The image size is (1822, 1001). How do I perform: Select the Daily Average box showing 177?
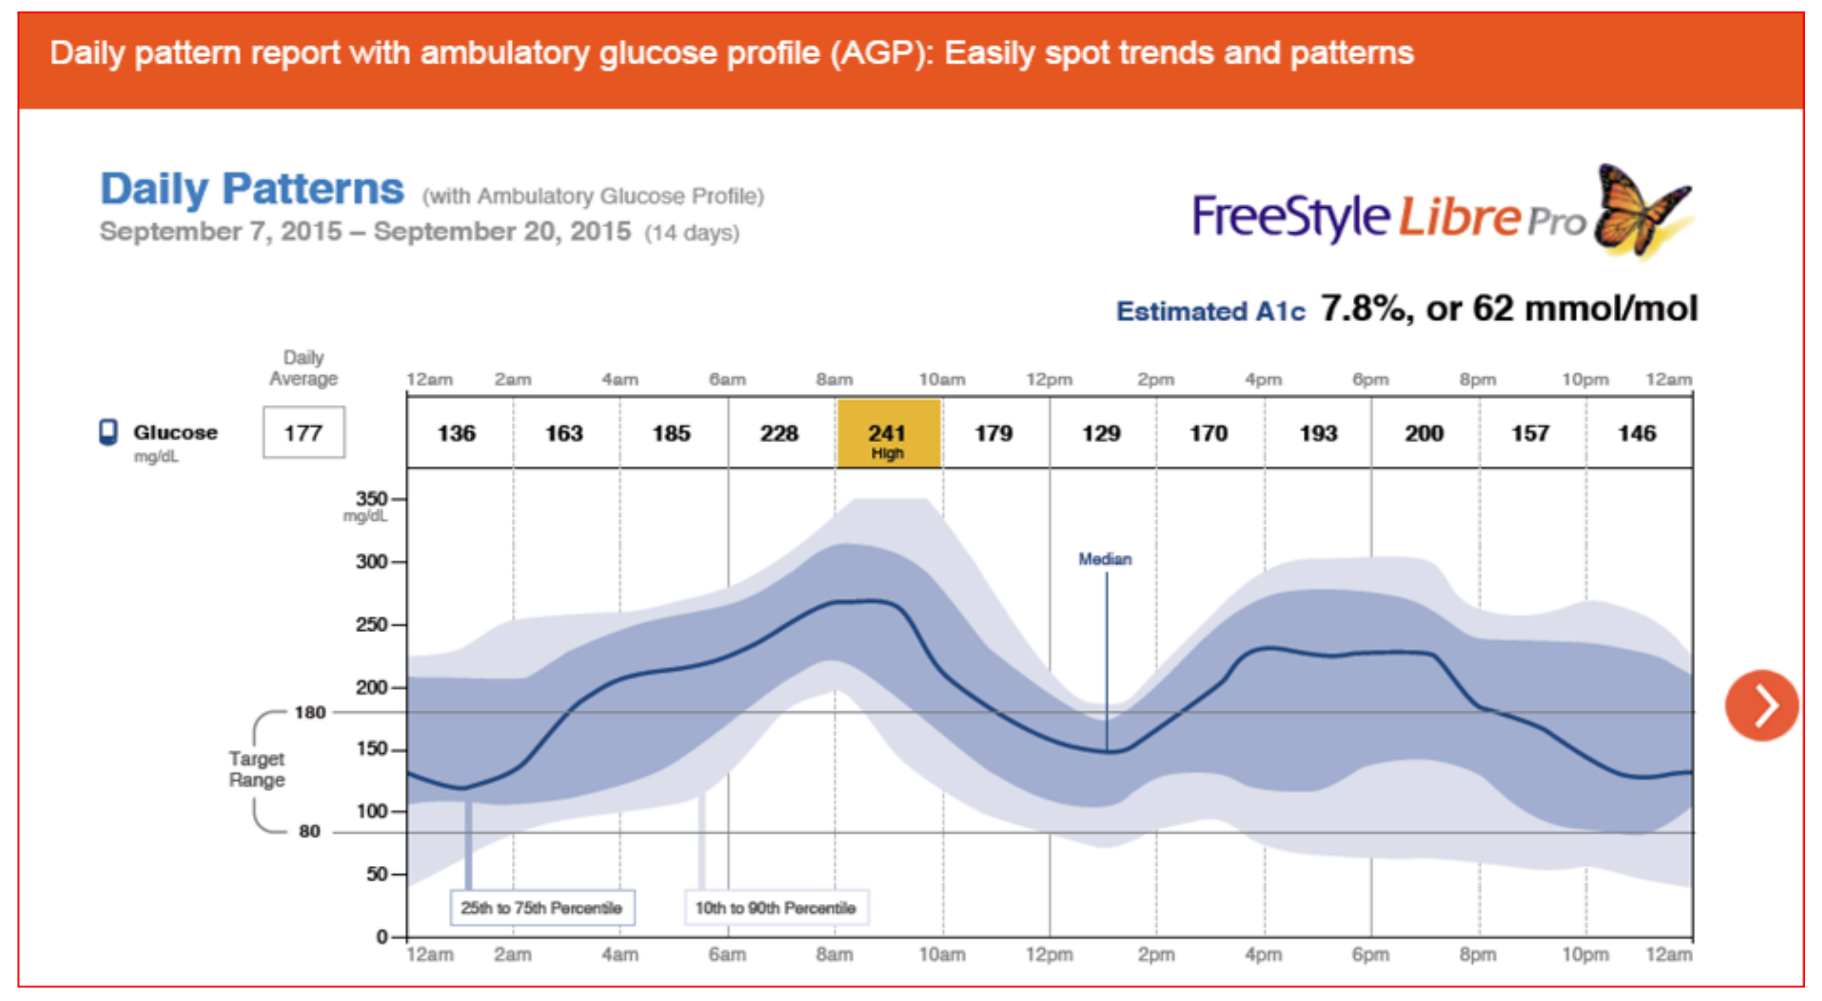(x=303, y=433)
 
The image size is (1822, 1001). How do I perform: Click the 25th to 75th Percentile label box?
(x=542, y=908)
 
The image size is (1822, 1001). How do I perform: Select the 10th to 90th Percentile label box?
(x=775, y=908)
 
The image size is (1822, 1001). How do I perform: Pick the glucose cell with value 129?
(x=1102, y=433)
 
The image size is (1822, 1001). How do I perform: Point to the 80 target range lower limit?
(x=309, y=831)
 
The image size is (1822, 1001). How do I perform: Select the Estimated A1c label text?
(x=1210, y=311)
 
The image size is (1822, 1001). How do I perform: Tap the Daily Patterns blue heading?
(x=252, y=189)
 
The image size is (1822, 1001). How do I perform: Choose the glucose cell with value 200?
(x=1424, y=433)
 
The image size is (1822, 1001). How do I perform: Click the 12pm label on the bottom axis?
(x=1049, y=954)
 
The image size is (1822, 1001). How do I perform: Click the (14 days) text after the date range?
(x=692, y=233)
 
